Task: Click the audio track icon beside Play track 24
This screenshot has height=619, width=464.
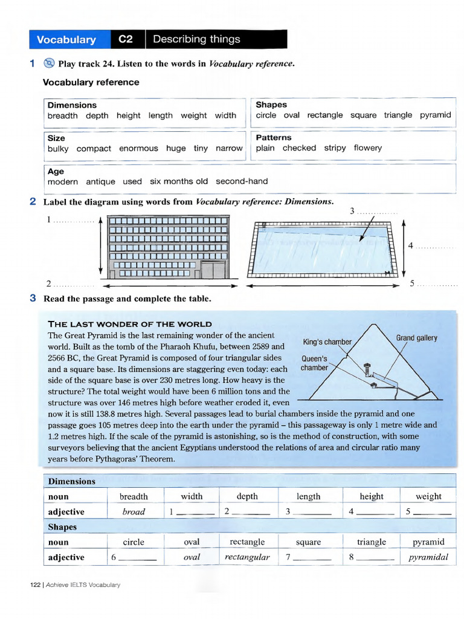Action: click(50, 63)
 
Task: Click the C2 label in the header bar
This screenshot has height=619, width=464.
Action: click(126, 39)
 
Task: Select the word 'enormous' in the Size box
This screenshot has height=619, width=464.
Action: click(138, 148)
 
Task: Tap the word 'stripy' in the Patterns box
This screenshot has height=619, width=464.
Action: click(335, 147)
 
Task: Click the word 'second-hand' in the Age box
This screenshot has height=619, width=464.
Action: click(242, 181)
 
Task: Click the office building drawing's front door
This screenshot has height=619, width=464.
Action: click(212, 269)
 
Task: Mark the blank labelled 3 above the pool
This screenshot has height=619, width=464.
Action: click(376, 212)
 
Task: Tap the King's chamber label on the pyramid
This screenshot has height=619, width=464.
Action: click(327, 342)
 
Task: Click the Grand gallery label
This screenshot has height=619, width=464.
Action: click(416, 338)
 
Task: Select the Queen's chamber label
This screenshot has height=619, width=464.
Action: click(314, 363)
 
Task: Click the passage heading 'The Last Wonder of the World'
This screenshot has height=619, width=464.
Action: click(130, 324)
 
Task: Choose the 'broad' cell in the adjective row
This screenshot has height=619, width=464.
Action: click(134, 511)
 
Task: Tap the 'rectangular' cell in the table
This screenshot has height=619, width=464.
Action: click(247, 557)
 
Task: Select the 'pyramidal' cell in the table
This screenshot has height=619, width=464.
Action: click(428, 557)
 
